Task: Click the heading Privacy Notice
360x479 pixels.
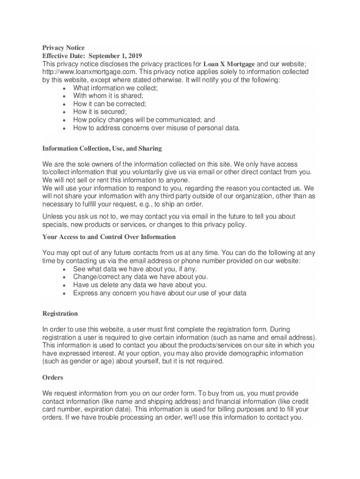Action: [64, 48]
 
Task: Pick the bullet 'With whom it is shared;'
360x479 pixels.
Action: [108, 95]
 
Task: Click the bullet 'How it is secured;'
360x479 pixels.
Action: [100, 111]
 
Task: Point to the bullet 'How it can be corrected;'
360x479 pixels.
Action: [109, 103]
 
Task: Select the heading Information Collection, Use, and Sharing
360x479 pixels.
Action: [102, 148]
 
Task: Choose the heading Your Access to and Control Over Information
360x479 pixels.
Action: [109, 237]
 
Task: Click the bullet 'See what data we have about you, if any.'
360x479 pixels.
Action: [135, 269]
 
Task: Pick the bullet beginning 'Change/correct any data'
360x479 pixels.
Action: [140, 277]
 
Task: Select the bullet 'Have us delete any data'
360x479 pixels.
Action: [140, 285]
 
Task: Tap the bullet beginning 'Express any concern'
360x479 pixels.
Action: [159, 293]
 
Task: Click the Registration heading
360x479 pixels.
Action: [60, 313]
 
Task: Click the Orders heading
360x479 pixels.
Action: [53, 377]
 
